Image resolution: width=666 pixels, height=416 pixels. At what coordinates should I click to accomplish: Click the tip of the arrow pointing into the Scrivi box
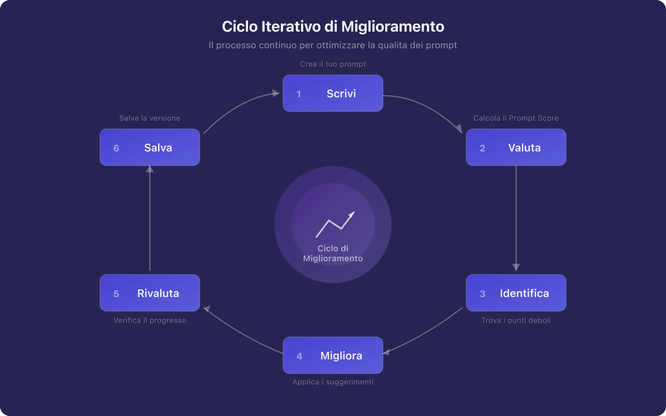point(279,93)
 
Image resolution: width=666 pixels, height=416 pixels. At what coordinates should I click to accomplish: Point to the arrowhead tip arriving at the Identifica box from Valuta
point(516,271)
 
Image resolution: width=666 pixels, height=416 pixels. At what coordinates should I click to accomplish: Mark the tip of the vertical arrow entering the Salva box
point(150,166)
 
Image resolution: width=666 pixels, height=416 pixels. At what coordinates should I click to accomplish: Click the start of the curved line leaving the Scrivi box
point(383,96)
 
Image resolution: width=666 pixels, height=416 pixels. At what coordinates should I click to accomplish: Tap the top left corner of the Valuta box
point(466,129)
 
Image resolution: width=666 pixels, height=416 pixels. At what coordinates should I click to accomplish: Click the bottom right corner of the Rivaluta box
point(200,311)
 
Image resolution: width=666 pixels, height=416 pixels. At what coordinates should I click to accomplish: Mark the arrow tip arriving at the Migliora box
point(383,354)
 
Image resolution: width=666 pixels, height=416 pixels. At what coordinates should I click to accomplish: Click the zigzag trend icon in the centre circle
point(335,225)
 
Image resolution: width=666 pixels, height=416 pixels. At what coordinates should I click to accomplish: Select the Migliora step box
point(333,355)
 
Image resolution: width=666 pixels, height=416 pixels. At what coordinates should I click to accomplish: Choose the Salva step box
point(150,147)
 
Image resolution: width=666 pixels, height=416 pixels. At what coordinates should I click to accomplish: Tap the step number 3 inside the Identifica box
point(483,294)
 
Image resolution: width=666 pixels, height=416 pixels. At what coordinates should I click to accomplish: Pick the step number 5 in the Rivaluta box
point(116,294)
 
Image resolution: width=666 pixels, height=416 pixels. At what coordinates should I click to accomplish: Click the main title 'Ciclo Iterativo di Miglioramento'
point(333,27)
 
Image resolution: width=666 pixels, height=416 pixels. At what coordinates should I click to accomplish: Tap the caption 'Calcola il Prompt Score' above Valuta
point(516,118)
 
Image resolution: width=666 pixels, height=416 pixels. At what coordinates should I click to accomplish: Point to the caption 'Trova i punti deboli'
point(516,320)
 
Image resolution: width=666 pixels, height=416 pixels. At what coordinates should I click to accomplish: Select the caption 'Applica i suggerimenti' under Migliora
point(333,382)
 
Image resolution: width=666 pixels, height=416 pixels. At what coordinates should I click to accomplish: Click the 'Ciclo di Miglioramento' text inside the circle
point(333,253)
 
